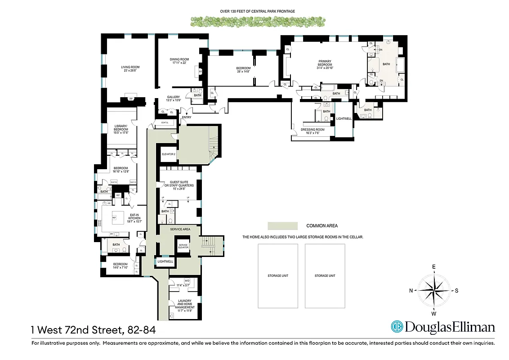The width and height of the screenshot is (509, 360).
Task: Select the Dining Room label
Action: pyautogui.click(x=179, y=61)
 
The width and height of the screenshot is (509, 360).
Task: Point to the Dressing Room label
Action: pyautogui.click(x=312, y=131)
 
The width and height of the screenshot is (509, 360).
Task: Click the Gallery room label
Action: pyautogui.click(x=174, y=98)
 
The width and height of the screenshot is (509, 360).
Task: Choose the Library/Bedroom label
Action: pyautogui.click(x=121, y=129)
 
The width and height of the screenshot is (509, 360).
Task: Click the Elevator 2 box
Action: pyautogui.click(x=168, y=154)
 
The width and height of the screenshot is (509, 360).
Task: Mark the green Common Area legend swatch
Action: pyautogui.click(x=282, y=226)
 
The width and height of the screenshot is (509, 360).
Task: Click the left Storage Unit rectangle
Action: pyautogui.click(x=277, y=275)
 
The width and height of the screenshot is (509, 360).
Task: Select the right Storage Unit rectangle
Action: pyautogui.click(x=325, y=275)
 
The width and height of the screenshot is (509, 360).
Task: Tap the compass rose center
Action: pyautogui.click(x=434, y=290)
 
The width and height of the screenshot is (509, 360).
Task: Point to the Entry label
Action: pyautogui.click(x=186, y=117)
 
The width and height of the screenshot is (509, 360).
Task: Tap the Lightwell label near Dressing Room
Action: pyautogui.click(x=344, y=119)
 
